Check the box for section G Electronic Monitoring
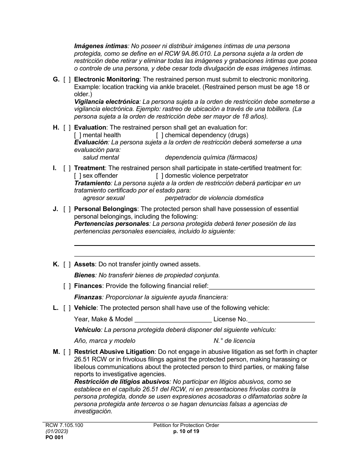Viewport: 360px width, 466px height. pos(67,80)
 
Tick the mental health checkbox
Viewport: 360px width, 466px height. pos(78,135)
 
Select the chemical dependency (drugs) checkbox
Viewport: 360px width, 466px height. pos(160,135)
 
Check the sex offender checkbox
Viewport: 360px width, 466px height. pos(78,176)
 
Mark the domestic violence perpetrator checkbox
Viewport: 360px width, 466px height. pos(160,176)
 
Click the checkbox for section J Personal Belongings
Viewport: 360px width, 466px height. pos(67,209)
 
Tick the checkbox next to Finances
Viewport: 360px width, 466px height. pos(67,286)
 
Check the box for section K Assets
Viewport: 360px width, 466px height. pos(67,264)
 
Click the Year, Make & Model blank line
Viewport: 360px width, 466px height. pos(173,319)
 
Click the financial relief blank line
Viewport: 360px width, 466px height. pos(261,286)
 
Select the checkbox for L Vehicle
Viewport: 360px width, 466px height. pos(67,308)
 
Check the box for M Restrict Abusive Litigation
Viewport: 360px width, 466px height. pos(67,352)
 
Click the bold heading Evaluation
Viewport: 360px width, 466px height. pos(90,128)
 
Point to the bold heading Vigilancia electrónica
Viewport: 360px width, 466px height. pos(106,102)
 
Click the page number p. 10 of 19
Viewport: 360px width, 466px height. pos(186,431)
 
